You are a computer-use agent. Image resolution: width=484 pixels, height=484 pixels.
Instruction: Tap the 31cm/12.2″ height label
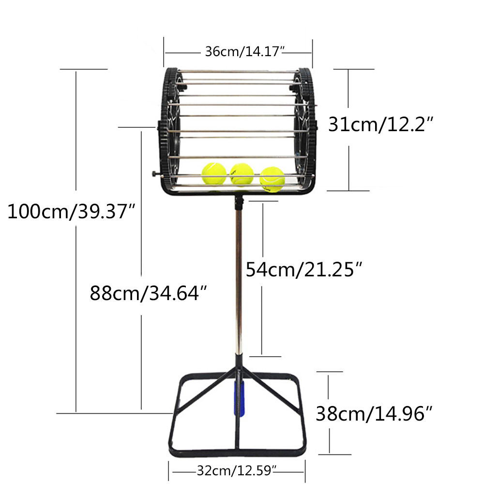coord(380,125)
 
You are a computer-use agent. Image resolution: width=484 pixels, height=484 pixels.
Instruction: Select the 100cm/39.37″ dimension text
coord(71,212)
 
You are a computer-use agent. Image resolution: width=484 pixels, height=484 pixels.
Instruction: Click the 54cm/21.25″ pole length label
coord(304,269)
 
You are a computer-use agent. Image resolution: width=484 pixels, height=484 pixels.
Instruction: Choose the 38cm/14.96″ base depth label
coord(374,413)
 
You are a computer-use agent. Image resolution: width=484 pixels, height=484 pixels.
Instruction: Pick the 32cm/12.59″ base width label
coord(237,469)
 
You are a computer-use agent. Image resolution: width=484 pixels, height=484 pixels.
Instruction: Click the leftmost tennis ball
coord(214,173)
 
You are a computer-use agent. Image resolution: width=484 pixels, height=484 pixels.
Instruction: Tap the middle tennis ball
coord(242,174)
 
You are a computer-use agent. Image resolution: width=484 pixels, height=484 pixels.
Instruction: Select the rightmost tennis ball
coord(272,179)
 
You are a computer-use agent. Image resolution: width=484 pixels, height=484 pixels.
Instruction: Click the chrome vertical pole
coord(238,281)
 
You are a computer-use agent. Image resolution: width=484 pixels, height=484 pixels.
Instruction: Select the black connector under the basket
coord(238,202)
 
